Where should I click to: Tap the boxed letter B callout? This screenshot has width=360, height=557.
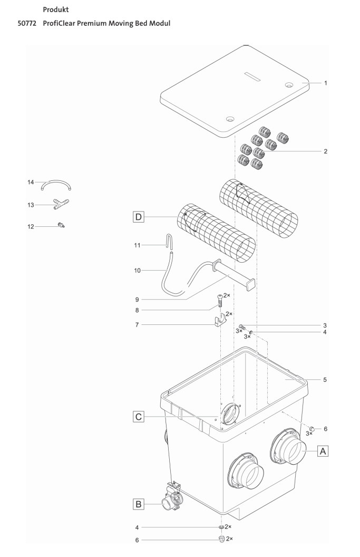139,504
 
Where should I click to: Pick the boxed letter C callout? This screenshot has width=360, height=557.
139,417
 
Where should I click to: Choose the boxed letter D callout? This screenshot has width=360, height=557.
139,217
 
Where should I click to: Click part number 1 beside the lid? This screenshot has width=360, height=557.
326,83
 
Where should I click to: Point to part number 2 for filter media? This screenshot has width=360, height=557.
326,151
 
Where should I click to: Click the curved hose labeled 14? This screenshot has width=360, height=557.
57,185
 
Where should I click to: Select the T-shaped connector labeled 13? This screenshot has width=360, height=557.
61,205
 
